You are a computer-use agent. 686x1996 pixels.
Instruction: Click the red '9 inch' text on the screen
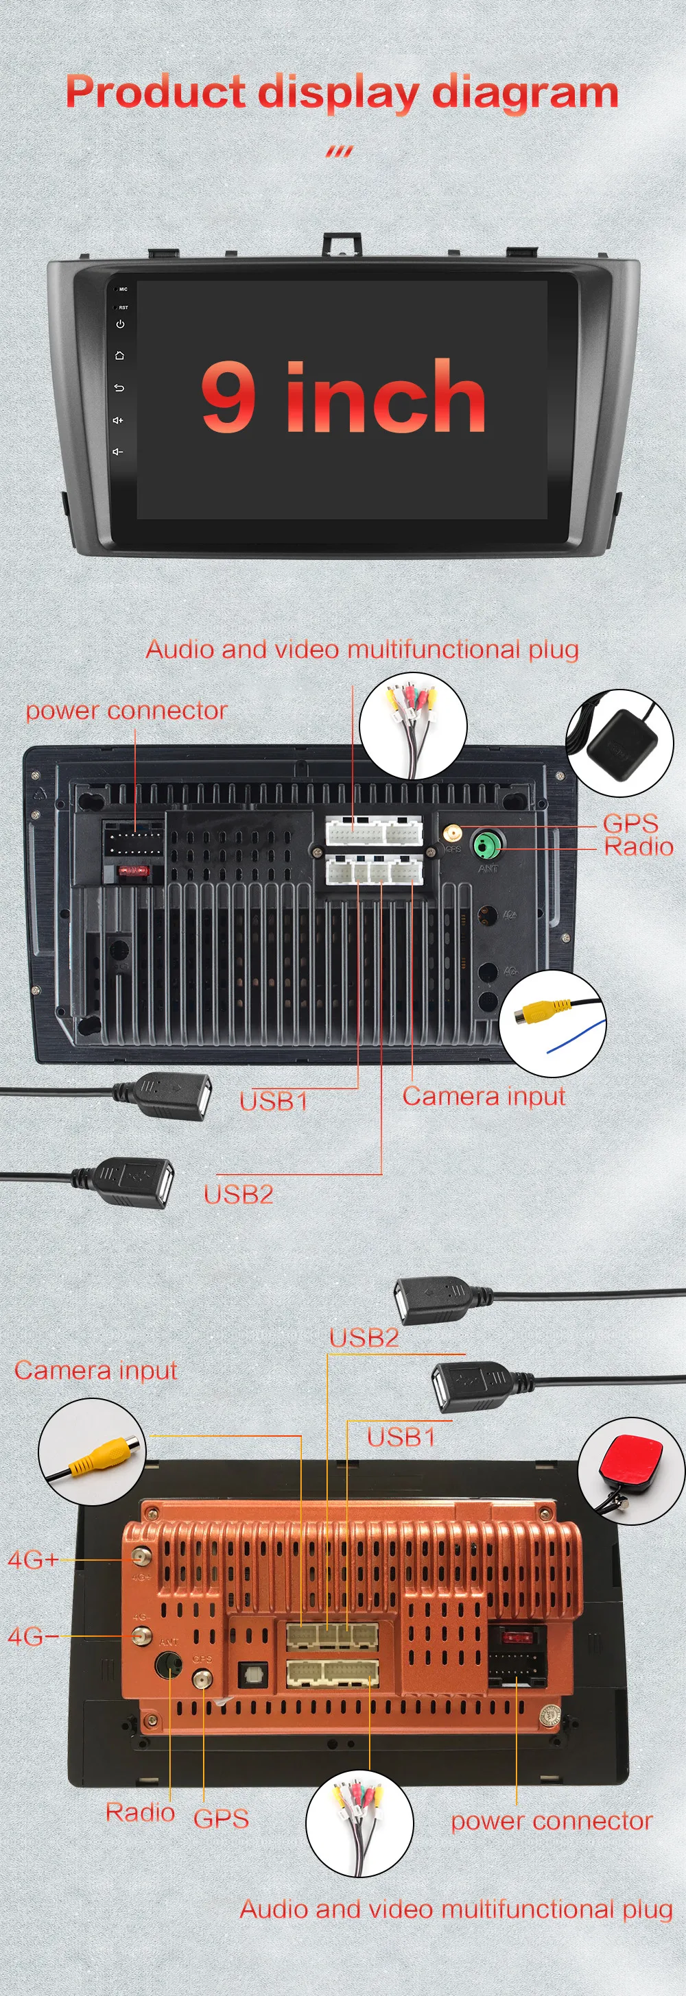[x=344, y=396]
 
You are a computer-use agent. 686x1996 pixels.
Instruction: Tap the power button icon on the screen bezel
[x=120, y=325]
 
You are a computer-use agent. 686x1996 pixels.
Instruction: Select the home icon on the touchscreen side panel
[x=119, y=356]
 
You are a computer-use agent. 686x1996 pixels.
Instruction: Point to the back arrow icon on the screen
[x=119, y=387]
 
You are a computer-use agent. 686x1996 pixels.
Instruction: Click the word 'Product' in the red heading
[x=155, y=93]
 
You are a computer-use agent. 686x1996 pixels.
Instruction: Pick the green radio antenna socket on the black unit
[x=488, y=844]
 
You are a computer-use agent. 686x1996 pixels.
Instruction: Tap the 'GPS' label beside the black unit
[x=630, y=823]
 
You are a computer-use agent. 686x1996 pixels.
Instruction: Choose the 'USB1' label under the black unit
[x=274, y=1101]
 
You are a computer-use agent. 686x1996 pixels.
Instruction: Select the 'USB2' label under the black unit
[x=239, y=1194]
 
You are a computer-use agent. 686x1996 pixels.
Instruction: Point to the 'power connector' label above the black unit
[x=126, y=711]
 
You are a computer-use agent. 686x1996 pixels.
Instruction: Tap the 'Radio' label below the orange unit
[x=139, y=1812]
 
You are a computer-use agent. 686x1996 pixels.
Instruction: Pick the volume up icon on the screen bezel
[x=118, y=420]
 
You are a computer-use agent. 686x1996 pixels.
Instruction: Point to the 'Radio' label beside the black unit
[x=638, y=846]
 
